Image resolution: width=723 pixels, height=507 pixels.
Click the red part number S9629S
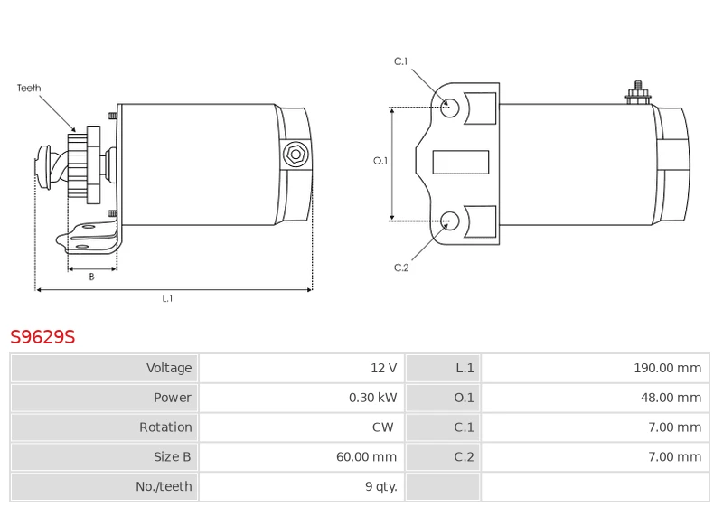42,337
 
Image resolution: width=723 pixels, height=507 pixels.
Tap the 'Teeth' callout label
29,88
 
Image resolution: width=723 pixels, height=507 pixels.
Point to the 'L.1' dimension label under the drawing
167,298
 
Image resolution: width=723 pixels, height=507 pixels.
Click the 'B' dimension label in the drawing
92,277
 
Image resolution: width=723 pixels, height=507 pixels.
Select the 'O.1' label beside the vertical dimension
380,161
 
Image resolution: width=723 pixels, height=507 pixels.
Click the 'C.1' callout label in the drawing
401,61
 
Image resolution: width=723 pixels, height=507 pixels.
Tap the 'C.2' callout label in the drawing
401,268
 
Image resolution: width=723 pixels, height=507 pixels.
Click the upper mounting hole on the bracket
449,108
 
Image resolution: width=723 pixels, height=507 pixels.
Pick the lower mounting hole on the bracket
449,221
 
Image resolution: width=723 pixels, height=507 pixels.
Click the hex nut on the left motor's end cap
296,155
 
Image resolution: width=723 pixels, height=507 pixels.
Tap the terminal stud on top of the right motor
638,93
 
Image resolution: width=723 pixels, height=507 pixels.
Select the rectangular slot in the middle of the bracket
461,163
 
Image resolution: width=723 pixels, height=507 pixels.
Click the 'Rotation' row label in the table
165,427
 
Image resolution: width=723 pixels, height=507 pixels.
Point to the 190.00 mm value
667,368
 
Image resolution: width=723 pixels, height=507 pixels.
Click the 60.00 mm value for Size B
366,456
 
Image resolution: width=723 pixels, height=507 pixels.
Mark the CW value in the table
382,427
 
